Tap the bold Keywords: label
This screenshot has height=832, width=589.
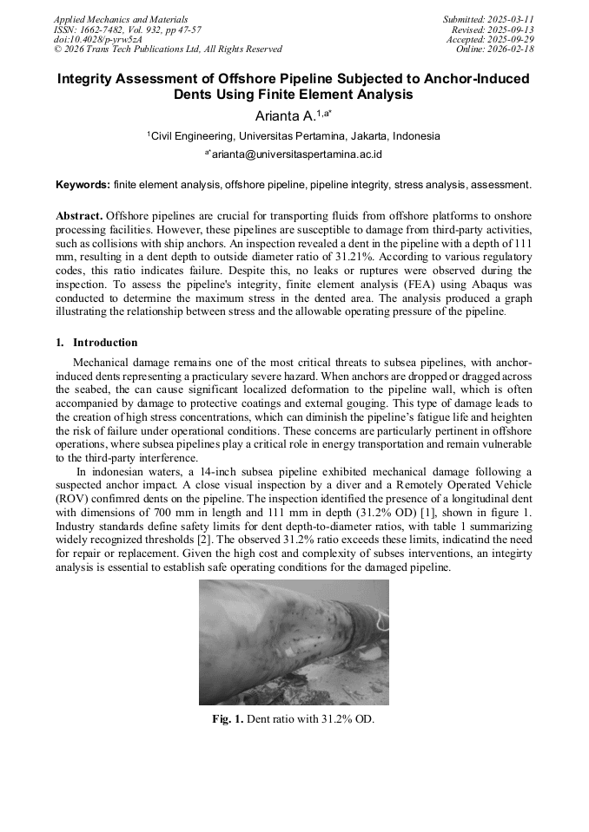[x=83, y=185]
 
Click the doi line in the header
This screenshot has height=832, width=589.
[x=97, y=40]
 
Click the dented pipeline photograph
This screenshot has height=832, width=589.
[x=294, y=642]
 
